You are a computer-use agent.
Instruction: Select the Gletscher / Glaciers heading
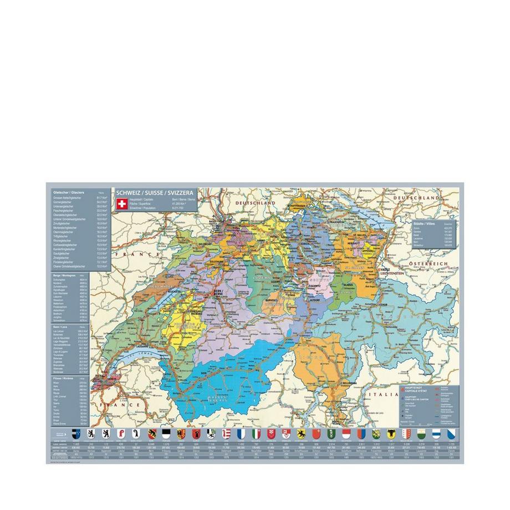point(66,191)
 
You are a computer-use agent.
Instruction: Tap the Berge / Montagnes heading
point(62,275)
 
